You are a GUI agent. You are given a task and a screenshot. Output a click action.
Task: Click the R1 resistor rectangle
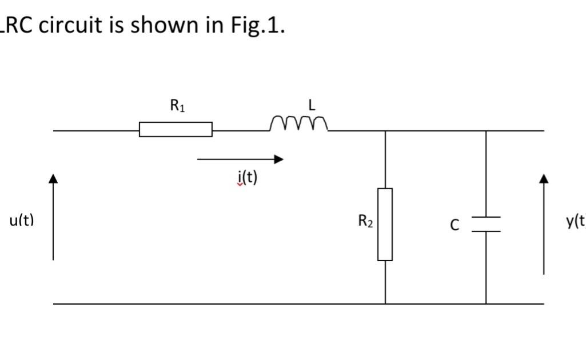(x=176, y=130)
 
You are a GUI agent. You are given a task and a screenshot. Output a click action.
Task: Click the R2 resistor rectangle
(x=385, y=225)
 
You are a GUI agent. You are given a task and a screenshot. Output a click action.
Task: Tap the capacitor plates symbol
(x=486, y=225)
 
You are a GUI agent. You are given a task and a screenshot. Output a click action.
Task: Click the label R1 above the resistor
(x=177, y=106)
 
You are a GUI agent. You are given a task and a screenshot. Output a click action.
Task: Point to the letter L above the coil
(x=312, y=105)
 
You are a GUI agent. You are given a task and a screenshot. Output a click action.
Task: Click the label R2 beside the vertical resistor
(x=366, y=222)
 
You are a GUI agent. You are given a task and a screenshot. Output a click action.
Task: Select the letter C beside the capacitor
(x=454, y=225)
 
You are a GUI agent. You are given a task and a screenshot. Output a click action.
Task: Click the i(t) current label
(x=247, y=178)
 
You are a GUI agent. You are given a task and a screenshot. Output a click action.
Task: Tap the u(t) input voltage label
(x=22, y=221)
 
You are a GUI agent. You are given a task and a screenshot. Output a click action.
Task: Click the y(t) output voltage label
(x=575, y=221)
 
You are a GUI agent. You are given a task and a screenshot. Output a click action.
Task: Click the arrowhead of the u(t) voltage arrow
(x=53, y=179)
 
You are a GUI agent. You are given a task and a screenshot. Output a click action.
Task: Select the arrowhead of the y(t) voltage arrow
(x=544, y=179)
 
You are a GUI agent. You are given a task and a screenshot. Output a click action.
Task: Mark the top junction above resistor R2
(x=385, y=131)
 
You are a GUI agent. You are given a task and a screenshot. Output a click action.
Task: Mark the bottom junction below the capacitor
(x=486, y=304)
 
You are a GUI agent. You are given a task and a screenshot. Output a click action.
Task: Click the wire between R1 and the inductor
(x=240, y=130)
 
